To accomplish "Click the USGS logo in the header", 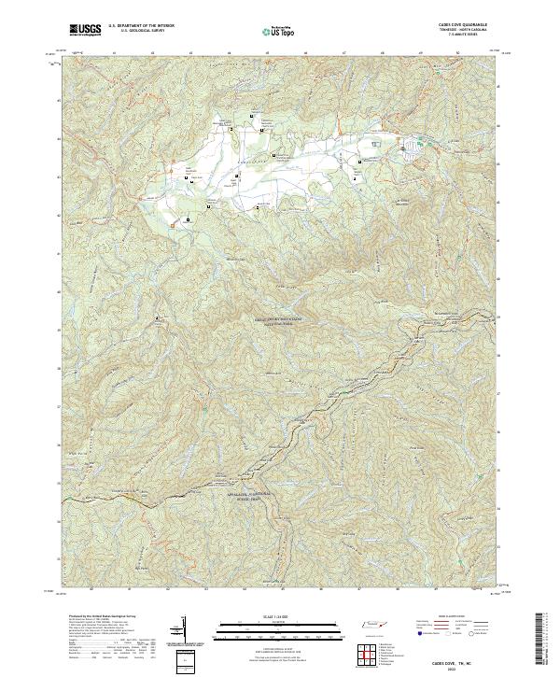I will coord(85,30).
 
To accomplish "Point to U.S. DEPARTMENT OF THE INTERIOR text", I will coord(141,26).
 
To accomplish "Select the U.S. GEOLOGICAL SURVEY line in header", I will coord(137,31).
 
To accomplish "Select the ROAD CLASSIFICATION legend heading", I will coord(444,617).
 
